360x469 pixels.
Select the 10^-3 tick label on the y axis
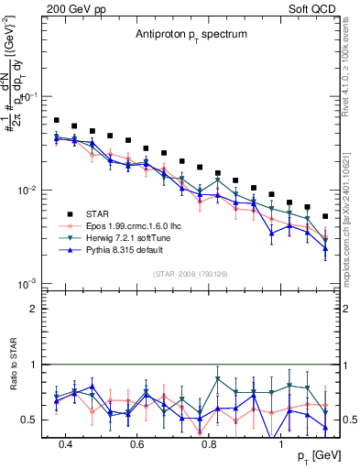point(27,284)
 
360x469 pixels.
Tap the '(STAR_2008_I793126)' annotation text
point(190,272)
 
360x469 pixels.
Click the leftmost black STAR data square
point(57,120)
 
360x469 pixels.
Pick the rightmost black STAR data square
point(325,217)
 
